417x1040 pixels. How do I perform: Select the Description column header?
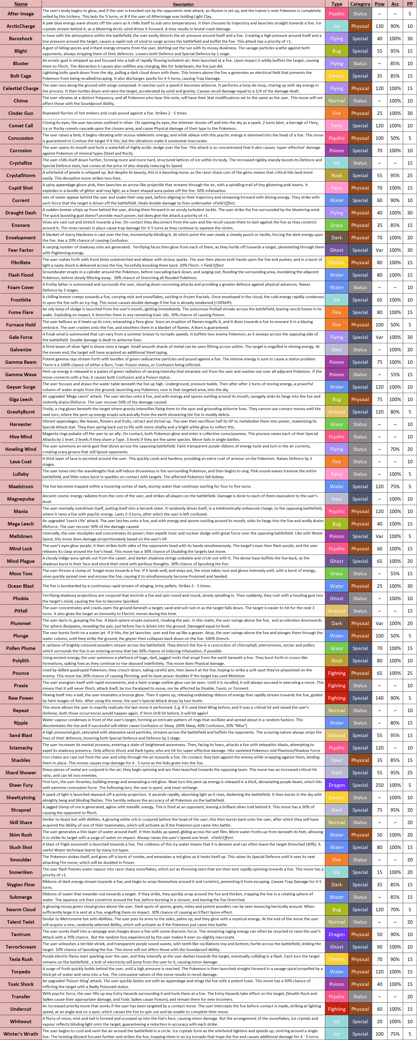[183, 4]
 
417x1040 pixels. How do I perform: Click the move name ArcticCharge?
[21, 26]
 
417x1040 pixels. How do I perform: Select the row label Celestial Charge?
[21, 88]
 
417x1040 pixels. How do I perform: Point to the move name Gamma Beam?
[21, 362]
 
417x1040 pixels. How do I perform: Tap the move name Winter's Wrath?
[21, 1034]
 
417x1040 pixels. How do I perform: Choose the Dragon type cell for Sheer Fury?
[337, 785]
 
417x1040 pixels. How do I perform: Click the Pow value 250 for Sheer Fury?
[379, 785]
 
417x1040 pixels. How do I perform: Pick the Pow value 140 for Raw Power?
[379, 698]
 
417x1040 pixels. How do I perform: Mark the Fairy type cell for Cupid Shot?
[337, 188]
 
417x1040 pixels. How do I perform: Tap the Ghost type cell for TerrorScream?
[337, 947]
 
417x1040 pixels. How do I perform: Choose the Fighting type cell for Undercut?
[337, 1009]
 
